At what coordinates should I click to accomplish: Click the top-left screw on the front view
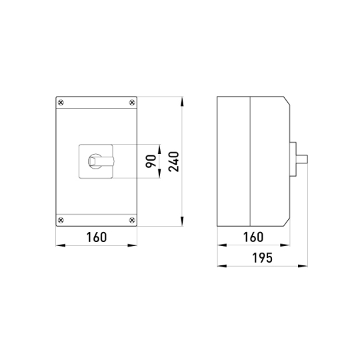tap(61, 103)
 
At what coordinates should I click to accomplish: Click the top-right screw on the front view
tap(132, 103)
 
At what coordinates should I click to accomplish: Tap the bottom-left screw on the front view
tap(61, 220)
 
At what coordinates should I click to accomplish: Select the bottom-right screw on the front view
tap(132, 220)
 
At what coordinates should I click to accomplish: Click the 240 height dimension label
tap(173, 161)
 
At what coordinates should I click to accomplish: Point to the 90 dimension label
tap(151, 161)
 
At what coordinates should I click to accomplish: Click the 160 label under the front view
tap(97, 237)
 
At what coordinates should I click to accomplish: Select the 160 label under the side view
tap(253, 237)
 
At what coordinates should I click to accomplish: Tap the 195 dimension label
tap(263, 258)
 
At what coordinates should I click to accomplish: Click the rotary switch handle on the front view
tap(101, 161)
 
